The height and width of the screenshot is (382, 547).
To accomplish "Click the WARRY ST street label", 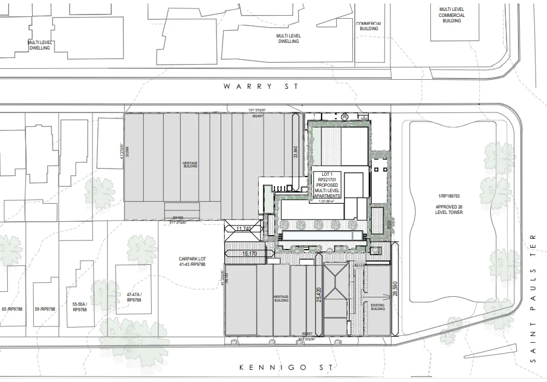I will pos(261,86).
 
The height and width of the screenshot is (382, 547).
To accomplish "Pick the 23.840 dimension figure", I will pos(296,151).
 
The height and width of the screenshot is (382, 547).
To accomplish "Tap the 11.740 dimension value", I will pos(243,228).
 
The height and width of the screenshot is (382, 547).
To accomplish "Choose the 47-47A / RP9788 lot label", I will pos(134,297).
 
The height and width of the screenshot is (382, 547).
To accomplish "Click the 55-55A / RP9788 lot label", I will pos(79,306).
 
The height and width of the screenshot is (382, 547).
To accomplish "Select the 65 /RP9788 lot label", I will pos(12,309).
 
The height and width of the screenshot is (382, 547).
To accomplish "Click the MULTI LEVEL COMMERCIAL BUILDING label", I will pos(452,15).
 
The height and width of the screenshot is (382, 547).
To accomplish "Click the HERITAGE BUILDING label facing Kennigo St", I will pos(281,298).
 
